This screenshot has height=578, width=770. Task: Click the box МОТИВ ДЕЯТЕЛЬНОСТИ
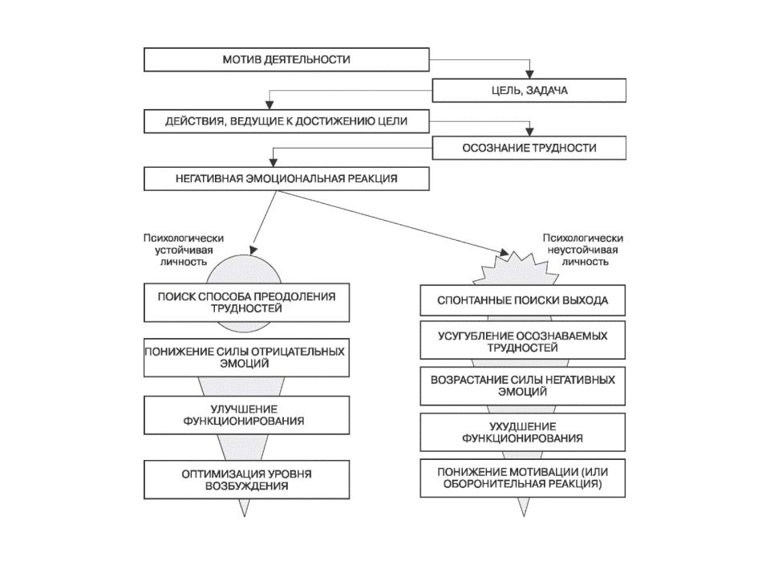click(x=286, y=59)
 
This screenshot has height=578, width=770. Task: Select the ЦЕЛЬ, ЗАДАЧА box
click(x=529, y=91)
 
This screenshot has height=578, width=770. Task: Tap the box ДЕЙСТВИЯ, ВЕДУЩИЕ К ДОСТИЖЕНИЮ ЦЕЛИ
click(x=286, y=121)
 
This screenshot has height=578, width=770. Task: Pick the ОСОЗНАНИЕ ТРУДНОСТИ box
click(x=529, y=148)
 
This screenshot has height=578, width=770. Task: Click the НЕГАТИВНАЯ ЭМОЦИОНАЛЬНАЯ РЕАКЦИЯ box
click(x=286, y=178)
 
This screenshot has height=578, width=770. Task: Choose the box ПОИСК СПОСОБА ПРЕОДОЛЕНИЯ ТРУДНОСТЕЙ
click(x=246, y=303)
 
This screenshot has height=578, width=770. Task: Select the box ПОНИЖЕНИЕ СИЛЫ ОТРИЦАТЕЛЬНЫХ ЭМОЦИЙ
click(x=246, y=358)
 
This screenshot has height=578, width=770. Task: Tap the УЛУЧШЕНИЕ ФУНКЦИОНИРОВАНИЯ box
click(x=246, y=415)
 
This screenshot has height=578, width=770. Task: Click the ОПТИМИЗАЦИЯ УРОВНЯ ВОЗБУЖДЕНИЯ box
click(x=246, y=480)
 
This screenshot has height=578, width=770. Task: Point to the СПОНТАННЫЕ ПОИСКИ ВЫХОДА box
click(x=522, y=300)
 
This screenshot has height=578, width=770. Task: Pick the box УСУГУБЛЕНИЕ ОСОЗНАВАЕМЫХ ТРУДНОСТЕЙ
click(x=522, y=340)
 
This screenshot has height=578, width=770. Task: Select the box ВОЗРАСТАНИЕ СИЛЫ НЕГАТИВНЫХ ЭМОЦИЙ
click(x=522, y=386)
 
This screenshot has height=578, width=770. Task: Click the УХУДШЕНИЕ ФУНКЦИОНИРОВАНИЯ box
click(x=522, y=432)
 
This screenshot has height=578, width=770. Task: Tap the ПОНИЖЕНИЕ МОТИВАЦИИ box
click(x=522, y=478)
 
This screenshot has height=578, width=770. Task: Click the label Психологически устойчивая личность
click(x=184, y=250)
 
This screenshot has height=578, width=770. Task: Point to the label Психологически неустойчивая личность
click(x=583, y=250)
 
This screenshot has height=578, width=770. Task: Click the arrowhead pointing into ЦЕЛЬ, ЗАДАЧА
click(x=529, y=75)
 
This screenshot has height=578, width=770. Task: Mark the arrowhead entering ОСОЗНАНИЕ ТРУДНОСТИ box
click(x=529, y=132)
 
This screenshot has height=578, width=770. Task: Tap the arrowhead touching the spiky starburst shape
click(x=505, y=252)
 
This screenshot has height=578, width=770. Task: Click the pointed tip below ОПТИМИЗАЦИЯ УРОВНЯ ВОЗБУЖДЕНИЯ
click(x=245, y=516)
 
